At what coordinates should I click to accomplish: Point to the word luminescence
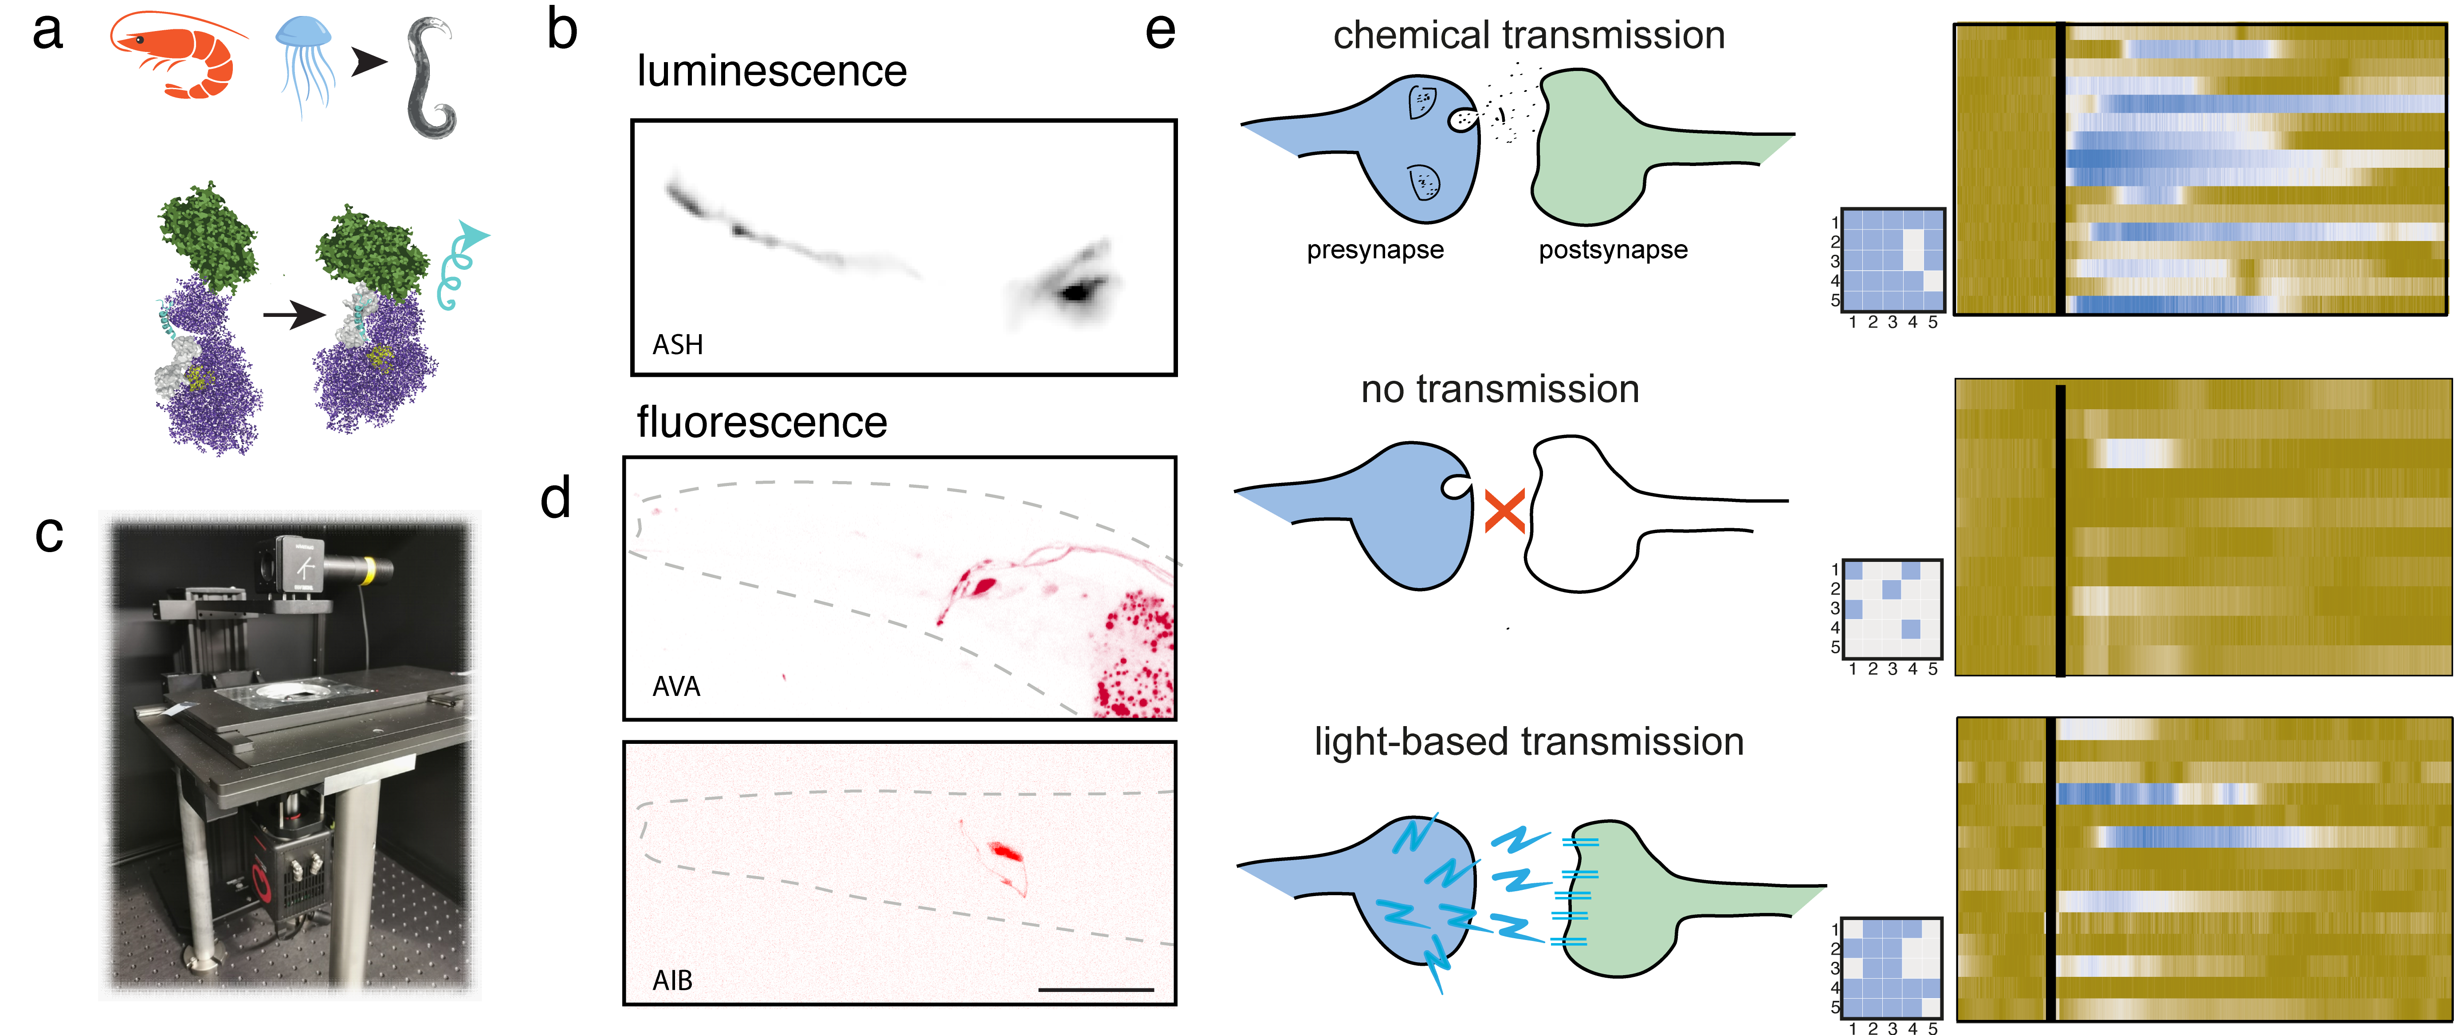772,71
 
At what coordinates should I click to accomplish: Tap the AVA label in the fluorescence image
676,686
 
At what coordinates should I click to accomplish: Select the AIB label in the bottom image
672,980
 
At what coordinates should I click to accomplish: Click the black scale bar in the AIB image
1095,989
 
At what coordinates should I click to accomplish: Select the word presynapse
1374,250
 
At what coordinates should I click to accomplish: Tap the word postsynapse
1613,250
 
